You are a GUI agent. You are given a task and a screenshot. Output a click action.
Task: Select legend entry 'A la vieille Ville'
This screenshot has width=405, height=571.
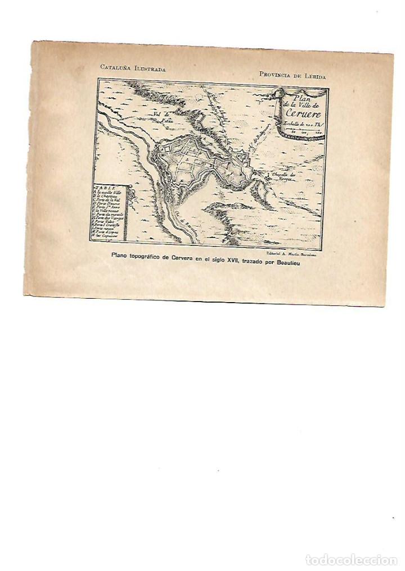pos(111,193)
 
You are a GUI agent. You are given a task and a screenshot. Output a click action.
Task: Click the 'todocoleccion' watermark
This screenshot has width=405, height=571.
pos(352,560)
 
